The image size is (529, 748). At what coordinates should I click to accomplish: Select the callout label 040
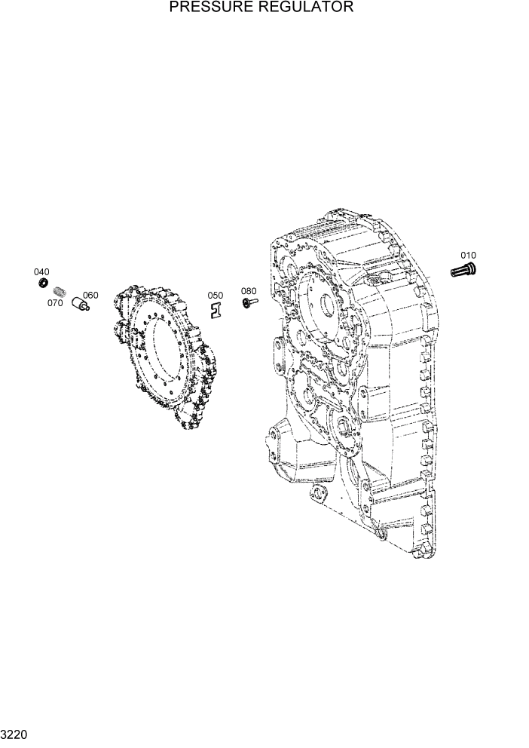(x=41, y=271)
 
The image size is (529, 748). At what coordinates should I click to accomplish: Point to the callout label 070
(x=55, y=303)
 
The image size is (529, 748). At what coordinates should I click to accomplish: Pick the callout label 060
(x=90, y=295)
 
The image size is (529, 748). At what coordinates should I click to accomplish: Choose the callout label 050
(x=216, y=296)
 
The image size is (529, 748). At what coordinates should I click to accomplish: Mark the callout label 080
(x=249, y=291)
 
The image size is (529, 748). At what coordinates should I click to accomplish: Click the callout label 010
(x=468, y=256)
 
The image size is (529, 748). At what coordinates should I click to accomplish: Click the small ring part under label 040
(x=44, y=283)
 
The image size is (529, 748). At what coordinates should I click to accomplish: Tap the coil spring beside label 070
(x=62, y=290)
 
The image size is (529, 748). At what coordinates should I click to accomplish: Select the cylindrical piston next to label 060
(x=80, y=304)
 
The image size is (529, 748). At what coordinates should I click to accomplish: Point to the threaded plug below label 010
(x=463, y=268)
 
